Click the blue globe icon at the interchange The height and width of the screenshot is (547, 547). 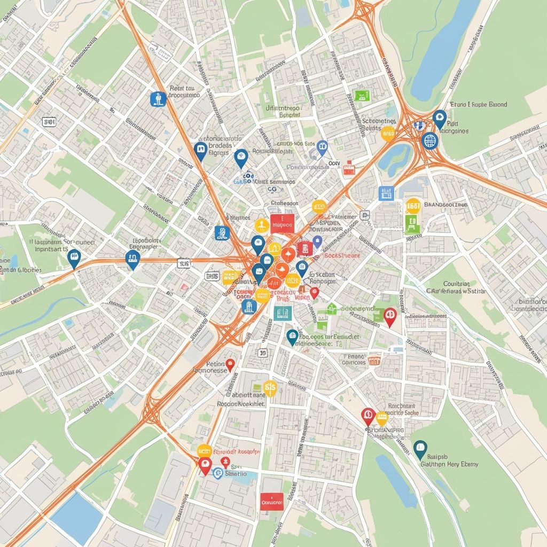[429, 140]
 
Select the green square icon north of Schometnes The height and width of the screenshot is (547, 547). [362, 96]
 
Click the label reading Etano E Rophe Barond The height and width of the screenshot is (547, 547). [479, 105]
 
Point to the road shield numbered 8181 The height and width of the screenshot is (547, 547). [49, 122]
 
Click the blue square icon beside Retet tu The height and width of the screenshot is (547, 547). [158, 98]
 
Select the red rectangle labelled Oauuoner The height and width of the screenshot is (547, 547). [272, 501]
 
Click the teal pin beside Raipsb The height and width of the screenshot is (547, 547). [420, 449]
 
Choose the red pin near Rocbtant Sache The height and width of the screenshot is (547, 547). [368, 415]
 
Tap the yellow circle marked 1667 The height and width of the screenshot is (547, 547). [413, 205]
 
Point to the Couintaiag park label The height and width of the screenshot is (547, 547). [456, 284]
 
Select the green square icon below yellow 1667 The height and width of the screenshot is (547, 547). [412, 224]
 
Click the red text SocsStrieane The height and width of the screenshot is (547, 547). [342, 255]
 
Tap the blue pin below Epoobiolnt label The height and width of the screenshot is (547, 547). [132, 259]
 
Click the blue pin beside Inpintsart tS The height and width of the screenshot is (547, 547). [74, 257]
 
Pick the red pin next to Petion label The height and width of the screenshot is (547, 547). [230, 364]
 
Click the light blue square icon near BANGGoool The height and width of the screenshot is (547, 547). [386, 193]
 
